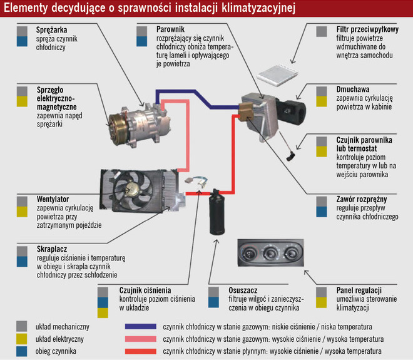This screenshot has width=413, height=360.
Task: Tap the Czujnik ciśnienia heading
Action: tap(145, 291)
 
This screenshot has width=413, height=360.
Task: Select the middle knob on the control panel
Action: tap(270, 254)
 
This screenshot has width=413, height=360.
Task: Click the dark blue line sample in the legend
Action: tap(140, 327)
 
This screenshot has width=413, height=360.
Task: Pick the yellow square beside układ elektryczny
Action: tap(23, 339)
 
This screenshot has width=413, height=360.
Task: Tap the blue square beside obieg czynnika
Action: tap(23, 351)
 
